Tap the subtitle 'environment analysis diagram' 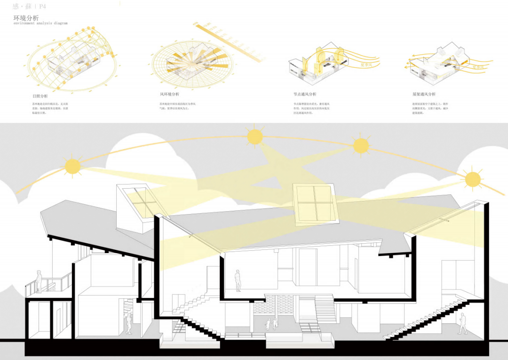40,23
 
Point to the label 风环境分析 169,95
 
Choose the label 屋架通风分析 424,95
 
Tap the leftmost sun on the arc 72,166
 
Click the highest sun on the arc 254,136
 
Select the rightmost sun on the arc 473,179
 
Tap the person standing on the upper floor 238,280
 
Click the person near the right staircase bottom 463,325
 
